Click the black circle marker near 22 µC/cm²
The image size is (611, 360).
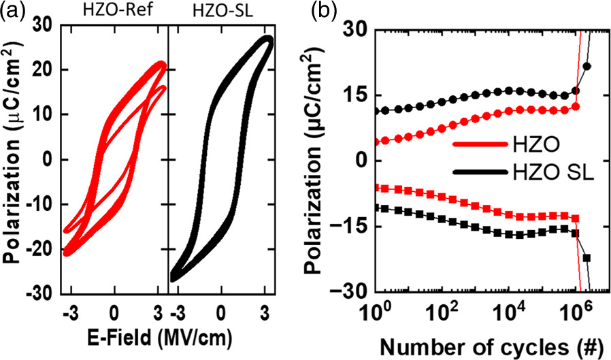[587, 66]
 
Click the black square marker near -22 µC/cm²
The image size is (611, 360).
[587, 258]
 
